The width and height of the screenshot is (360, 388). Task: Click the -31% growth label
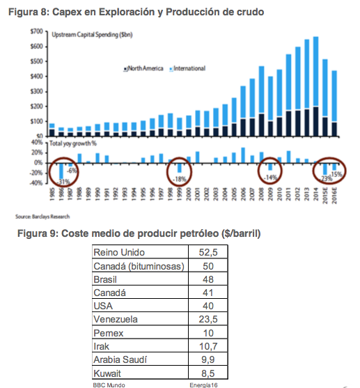pos(63,182)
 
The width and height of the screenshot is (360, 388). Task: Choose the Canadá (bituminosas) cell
pos(139,265)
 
